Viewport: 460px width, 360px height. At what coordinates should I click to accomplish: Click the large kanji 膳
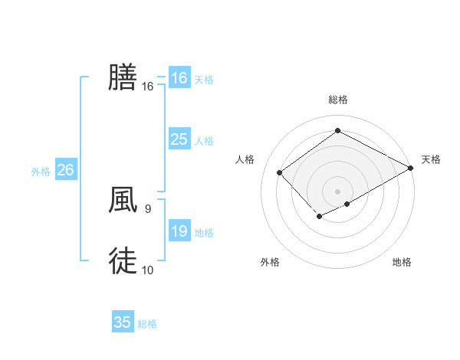pos(123,77)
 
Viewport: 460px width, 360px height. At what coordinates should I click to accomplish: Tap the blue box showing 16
pos(179,78)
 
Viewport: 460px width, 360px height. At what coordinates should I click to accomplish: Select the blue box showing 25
pos(179,139)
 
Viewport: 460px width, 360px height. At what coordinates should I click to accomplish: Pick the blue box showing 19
pos(179,231)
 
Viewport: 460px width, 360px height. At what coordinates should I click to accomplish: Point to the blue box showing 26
pos(65,170)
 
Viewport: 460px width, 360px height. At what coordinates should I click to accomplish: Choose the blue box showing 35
pos(123,322)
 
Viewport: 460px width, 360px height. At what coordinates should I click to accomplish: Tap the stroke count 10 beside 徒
pos(148,270)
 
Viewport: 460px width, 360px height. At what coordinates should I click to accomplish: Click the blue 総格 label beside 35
pos(147,324)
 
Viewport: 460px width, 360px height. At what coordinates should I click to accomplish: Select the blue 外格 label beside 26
pos(41,172)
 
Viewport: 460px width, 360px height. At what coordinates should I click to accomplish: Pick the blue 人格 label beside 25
pos(204,141)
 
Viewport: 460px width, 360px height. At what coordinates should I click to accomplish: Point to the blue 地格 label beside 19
pos(204,233)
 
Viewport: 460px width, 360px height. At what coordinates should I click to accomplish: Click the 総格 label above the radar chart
pos(337,100)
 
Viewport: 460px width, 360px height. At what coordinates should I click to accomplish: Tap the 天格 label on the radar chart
pos(431,159)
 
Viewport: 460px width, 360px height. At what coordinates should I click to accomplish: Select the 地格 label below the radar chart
pos(402,263)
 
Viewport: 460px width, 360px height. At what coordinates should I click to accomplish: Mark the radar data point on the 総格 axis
pos(337,131)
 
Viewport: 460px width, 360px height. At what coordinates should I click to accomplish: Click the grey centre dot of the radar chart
pos(337,191)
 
